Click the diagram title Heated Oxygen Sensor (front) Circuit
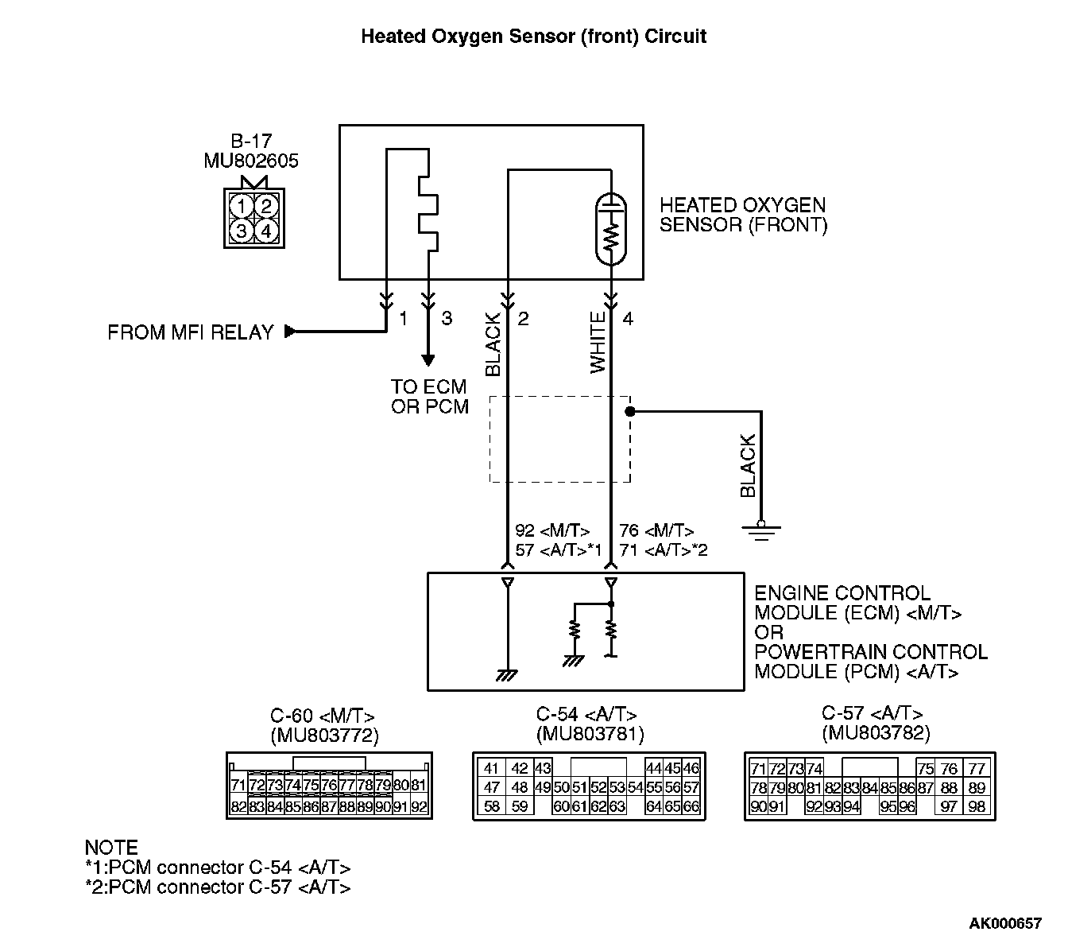click(x=533, y=37)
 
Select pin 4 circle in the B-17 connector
click(x=266, y=231)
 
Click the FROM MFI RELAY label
click(x=191, y=332)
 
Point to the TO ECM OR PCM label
click(x=429, y=397)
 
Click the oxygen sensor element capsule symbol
click(x=610, y=227)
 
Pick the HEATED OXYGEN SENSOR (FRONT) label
click(x=743, y=215)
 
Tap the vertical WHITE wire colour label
click(x=598, y=343)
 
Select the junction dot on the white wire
click(x=629, y=412)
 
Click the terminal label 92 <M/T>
click(x=552, y=530)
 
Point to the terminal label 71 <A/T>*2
click(x=663, y=549)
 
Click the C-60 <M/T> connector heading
click(x=322, y=715)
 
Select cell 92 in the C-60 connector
click(x=420, y=806)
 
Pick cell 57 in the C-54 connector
click(x=691, y=787)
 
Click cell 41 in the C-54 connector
click(x=491, y=768)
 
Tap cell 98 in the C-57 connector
click(x=977, y=806)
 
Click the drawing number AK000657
click(x=1004, y=923)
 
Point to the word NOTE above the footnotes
click(x=111, y=848)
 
